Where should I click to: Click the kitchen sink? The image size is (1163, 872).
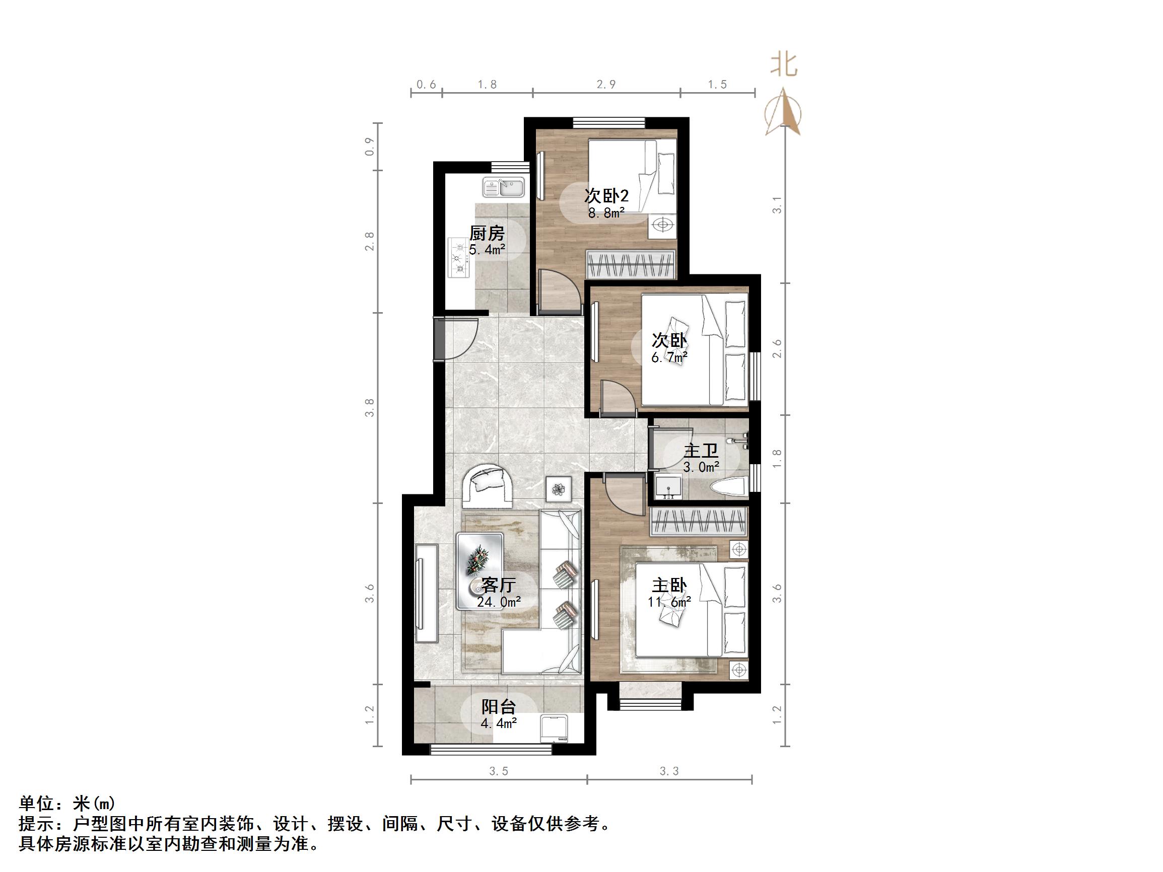coord(135,188)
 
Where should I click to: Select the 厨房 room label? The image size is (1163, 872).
coord(487,233)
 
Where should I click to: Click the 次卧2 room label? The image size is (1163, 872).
coord(606,196)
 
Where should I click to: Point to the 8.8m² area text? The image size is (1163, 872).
coord(606,213)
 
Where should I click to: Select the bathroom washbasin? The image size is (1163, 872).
coord(668,487)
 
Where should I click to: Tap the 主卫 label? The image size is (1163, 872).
coord(701,451)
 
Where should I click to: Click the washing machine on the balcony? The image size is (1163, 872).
coord(554,728)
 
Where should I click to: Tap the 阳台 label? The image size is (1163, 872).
coord(499,707)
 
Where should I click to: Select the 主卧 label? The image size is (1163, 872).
coord(669,586)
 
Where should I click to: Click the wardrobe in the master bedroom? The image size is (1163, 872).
coord(699,522)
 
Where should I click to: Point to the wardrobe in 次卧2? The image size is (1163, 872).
coord(631,264)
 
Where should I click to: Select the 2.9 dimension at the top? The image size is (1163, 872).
coord(606,85)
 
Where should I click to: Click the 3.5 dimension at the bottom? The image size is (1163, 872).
coord(499,771)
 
